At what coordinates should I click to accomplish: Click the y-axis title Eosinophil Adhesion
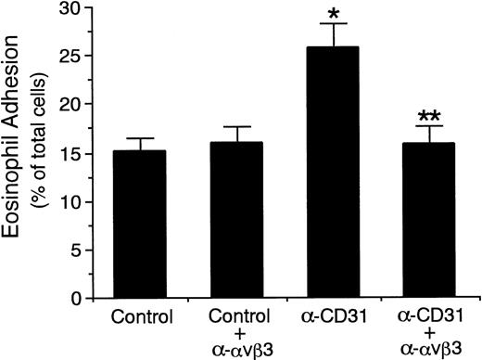17,153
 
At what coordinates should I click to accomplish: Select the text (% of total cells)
42,153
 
